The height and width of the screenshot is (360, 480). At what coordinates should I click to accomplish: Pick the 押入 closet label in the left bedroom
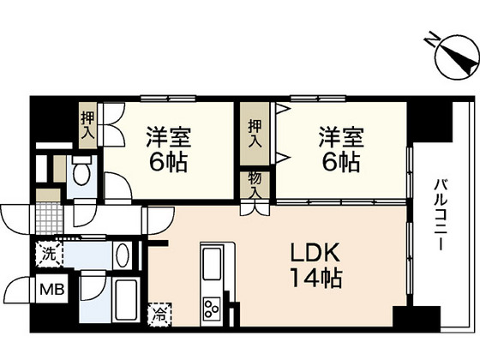click(88, 125)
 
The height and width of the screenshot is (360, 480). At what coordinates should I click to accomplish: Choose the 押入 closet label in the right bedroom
click(255, 133)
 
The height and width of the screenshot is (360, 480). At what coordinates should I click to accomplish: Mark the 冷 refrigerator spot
click(159, 315)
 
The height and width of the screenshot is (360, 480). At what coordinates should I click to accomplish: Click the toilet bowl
click(81, 175)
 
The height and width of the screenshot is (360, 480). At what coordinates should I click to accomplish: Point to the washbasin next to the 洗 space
click(121, 255)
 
